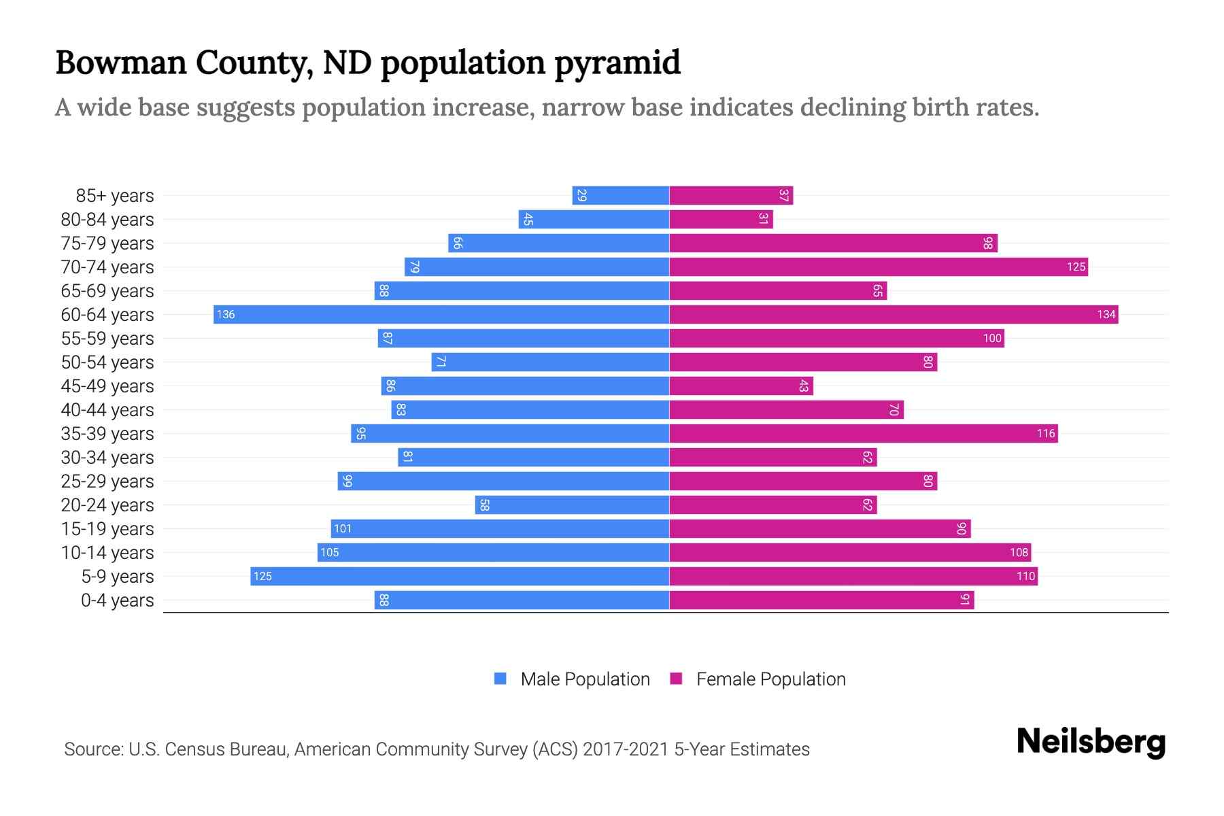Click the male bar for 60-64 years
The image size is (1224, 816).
pos(442,314)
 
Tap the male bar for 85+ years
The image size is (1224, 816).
pos(620,195)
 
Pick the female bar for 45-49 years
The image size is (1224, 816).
pos(741,386)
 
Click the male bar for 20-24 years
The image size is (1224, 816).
pos(572,505)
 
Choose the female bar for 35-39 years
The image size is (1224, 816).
pos(864,433)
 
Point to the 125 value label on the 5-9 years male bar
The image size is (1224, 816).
pos(262,577)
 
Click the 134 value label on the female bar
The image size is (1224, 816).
pos(1106,314)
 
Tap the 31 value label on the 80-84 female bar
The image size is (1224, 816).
pos(764,219)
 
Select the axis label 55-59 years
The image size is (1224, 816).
pos(107,339)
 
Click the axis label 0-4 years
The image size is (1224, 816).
pos(117,600)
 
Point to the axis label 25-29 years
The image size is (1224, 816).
pos(107,481)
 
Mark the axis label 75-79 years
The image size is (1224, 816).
pos(107,243)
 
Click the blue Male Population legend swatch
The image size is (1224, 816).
pos(500,679)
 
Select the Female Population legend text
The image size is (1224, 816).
pos(770,679)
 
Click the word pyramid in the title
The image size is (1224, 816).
pos(617,63)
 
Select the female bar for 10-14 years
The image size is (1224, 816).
pos(850,552)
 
